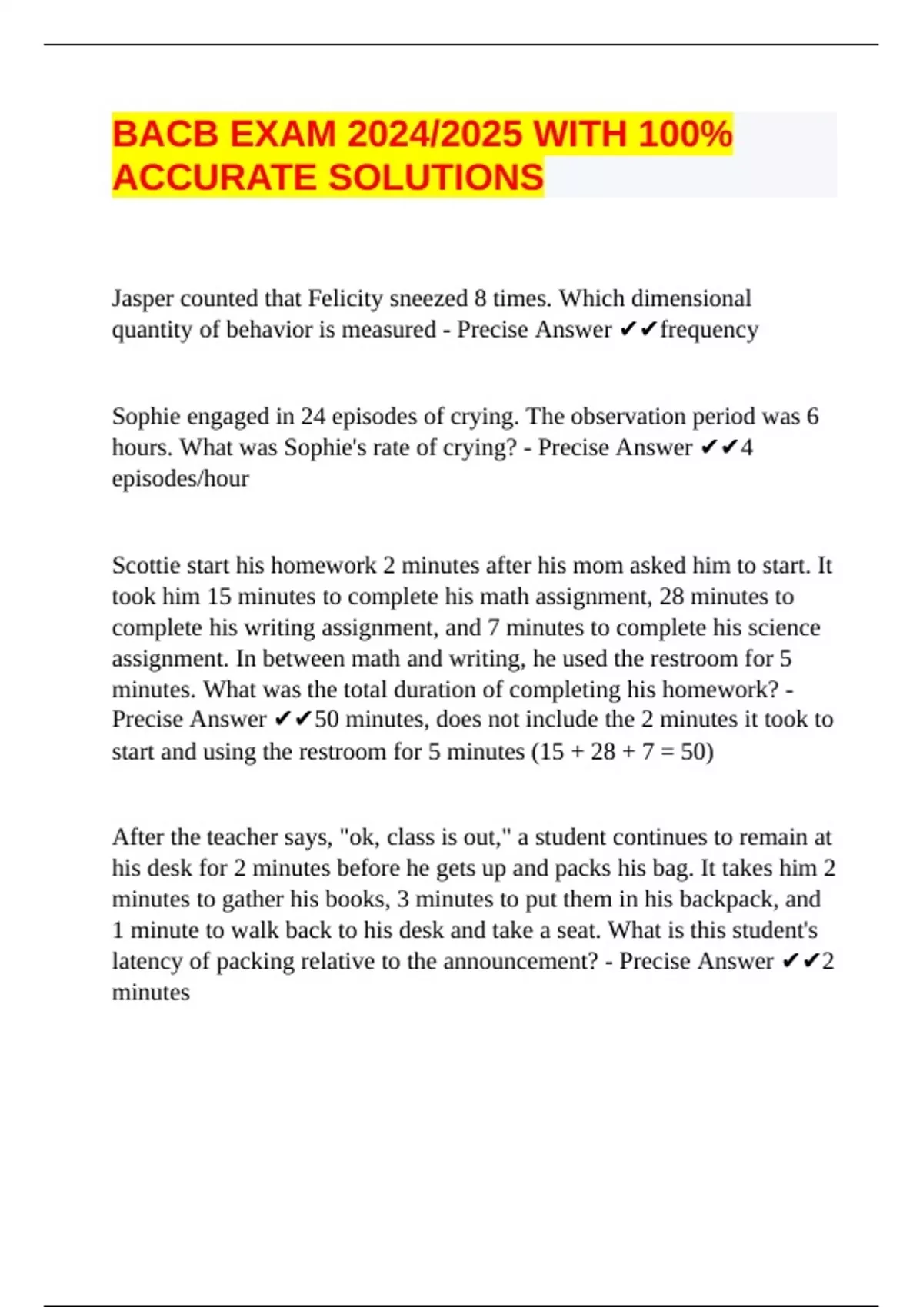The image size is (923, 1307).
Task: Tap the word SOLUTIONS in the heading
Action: pyautogui.click(x=436, y=178)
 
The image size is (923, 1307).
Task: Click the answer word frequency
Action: pyautogui.click(x=709, y=330)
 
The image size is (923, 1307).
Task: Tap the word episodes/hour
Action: pyautogui.click(x=180, y=479)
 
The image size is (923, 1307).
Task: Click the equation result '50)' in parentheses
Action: pyautogui.click(x=697, y=751)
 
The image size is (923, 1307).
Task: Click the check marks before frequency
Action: pyautogui.click(x=638, y=330)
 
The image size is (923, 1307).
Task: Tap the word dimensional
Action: pyautogui.click(x=691, y=298)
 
